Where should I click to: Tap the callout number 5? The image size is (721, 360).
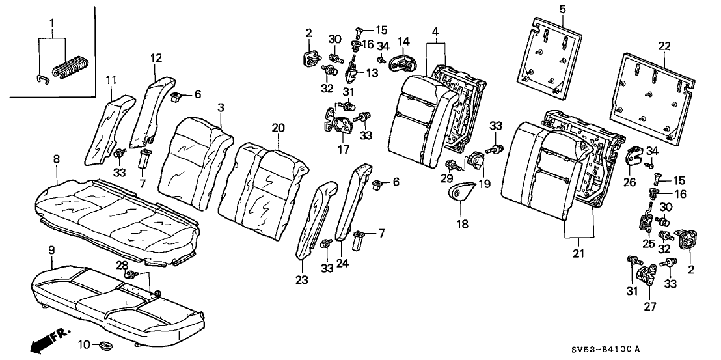563,8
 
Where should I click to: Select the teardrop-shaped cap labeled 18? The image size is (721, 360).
461,192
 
